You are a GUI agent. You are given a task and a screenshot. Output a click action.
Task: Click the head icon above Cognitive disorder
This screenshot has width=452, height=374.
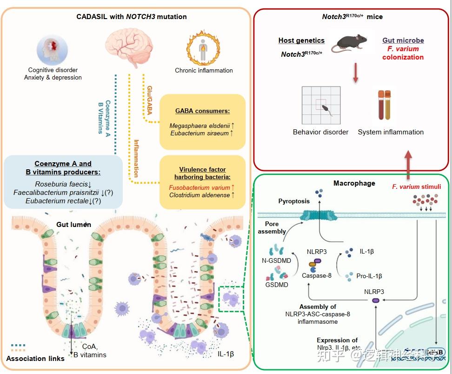coord(53,50)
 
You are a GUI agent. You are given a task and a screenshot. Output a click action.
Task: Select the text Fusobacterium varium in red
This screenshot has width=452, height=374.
coord(199,187)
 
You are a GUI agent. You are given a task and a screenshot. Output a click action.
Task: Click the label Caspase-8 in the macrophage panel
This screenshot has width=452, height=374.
coord(317,275)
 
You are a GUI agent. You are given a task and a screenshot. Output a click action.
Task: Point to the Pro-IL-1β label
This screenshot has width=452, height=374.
coord(368,276)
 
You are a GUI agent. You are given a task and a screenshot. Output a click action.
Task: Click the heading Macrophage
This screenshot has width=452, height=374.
coord(354,183)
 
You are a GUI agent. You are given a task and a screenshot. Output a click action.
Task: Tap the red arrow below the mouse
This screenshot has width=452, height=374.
coord(356,74)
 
